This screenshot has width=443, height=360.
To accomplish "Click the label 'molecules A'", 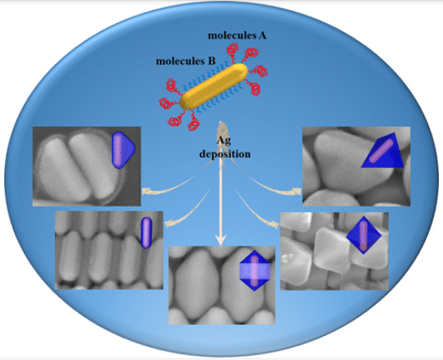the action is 237,35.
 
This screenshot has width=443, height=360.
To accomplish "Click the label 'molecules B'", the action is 185,61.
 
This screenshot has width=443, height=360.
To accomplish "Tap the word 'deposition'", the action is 225,154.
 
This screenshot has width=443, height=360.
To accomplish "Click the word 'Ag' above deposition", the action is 224,140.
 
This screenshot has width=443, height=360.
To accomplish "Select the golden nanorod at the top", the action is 213,87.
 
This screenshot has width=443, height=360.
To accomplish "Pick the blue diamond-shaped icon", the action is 364,235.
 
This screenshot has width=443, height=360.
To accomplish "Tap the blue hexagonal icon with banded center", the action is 255,270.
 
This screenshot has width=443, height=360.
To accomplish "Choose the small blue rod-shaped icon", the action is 146,233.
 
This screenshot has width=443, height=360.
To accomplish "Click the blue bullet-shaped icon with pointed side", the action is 123,150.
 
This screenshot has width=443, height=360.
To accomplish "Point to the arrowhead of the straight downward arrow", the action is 221,240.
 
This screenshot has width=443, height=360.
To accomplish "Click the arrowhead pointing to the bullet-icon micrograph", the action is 146,191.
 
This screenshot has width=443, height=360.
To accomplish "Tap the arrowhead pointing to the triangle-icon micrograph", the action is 297,192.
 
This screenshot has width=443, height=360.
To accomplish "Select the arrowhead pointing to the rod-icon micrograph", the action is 169,224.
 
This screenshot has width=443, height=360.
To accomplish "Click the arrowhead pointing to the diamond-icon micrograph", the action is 274,224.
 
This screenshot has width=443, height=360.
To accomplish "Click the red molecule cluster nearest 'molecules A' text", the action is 233,49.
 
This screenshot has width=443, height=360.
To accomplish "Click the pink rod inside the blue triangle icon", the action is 381,151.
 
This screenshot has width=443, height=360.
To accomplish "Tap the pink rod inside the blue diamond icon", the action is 364,236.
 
